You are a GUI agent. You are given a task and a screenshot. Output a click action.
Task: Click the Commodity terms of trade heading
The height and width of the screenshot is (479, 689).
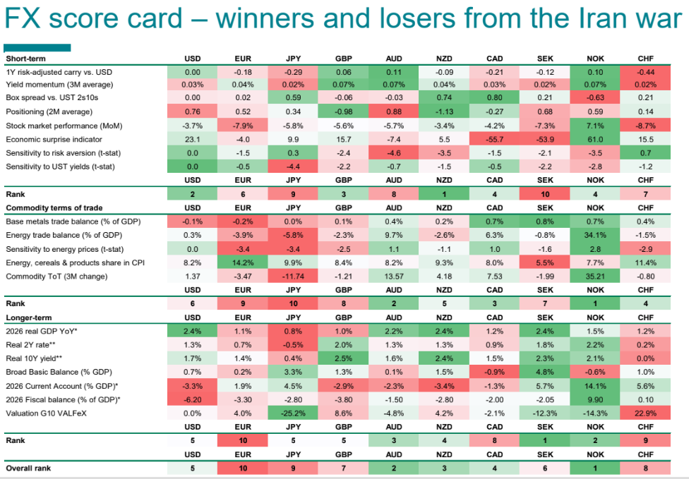click(54, 208)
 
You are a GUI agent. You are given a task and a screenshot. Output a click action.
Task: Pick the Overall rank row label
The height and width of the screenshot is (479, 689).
click(29, 468)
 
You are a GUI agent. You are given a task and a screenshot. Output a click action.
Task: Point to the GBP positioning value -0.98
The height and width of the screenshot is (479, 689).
click(343, 112)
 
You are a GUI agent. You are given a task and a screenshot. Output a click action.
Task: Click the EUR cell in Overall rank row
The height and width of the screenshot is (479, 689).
click(242, 468)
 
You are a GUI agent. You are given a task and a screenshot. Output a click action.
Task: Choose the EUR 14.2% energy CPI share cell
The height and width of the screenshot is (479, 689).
click(242, 262)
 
